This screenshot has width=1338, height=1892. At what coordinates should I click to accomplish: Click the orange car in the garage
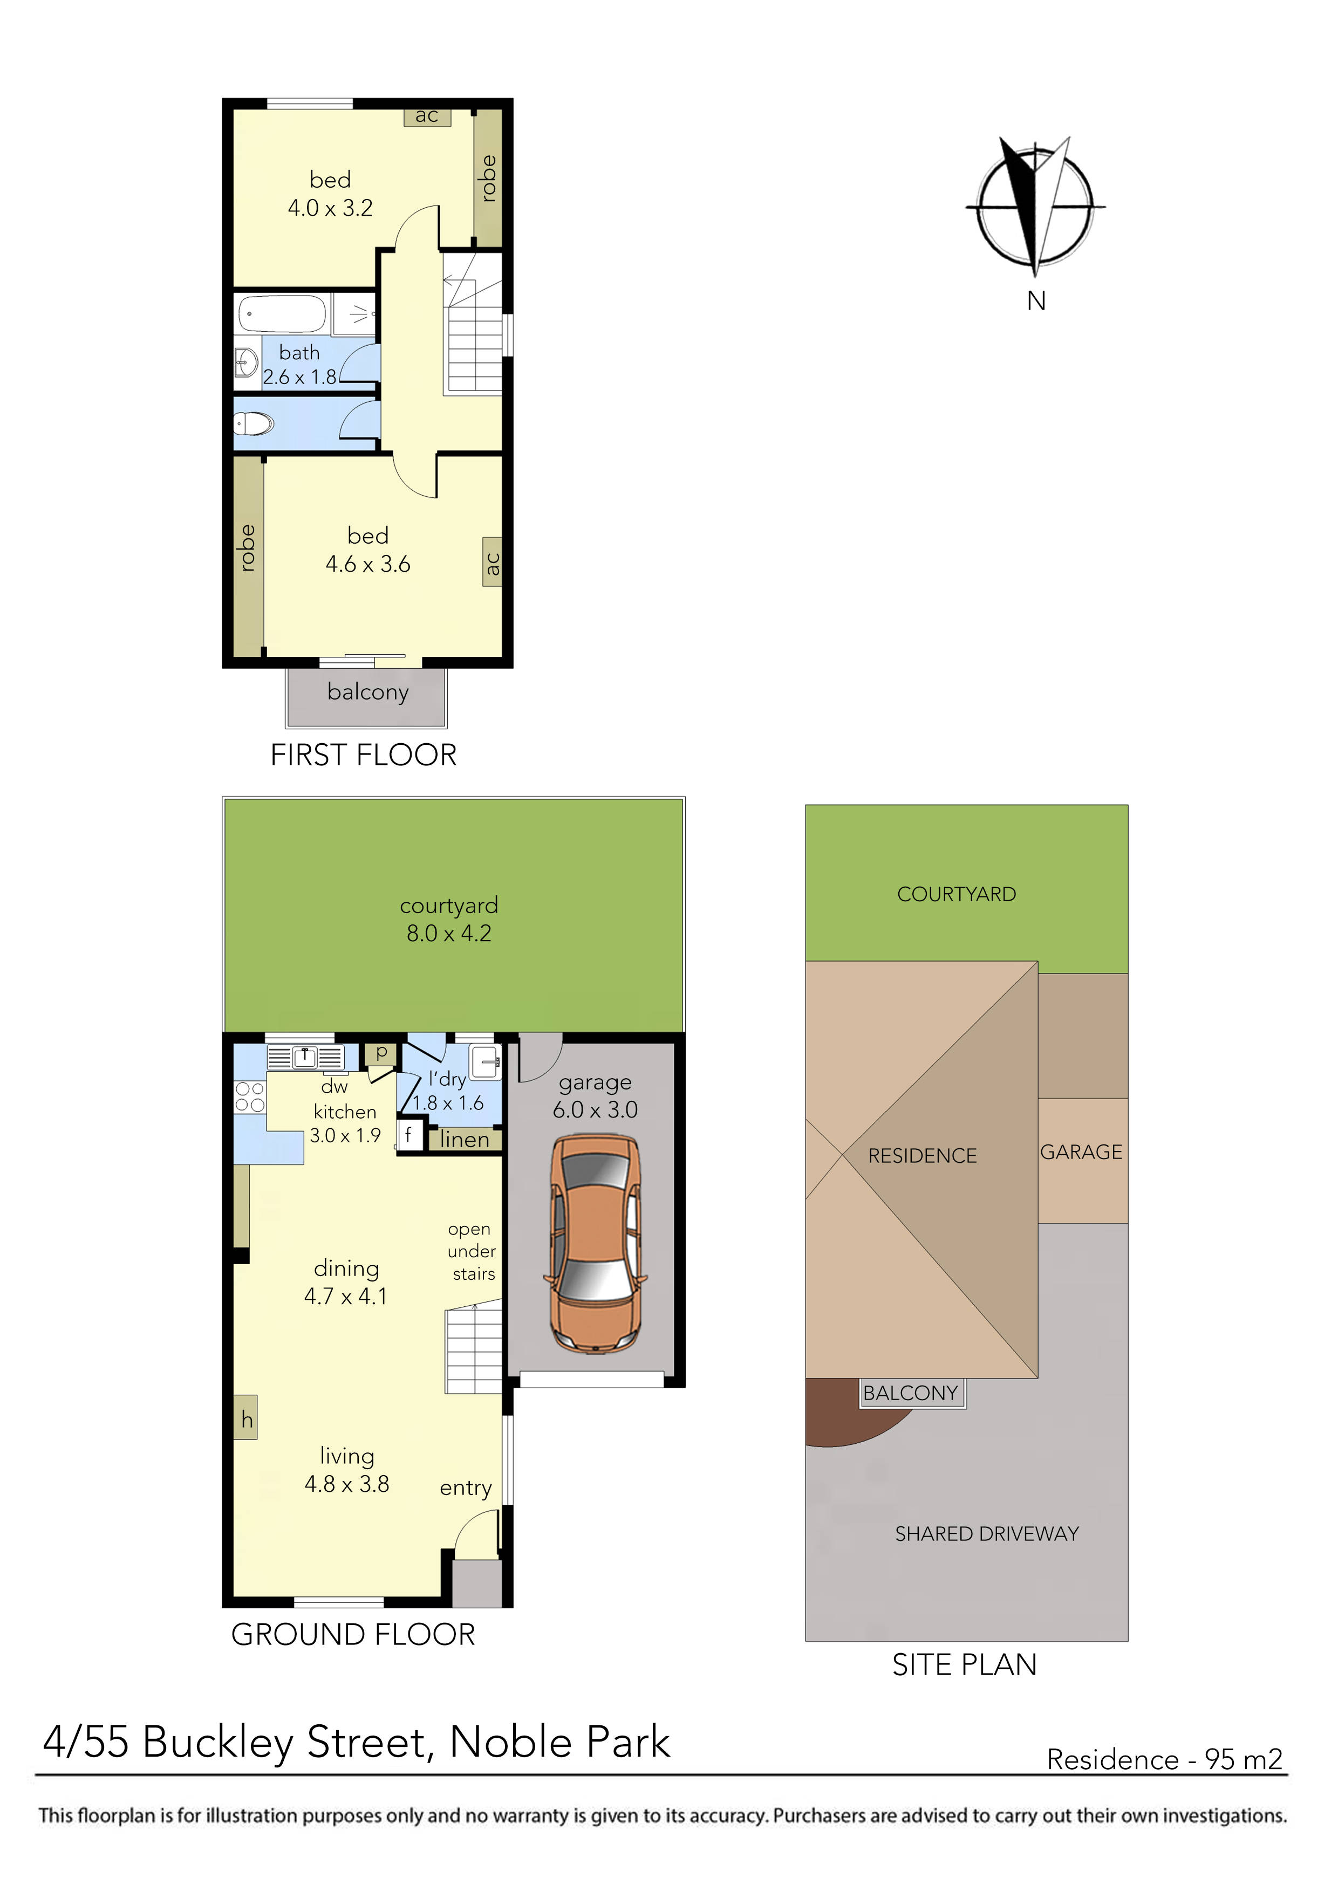[595, 1244]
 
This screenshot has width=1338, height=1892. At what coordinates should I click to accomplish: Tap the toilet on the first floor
[254, 424]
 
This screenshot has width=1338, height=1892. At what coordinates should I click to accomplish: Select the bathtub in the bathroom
[282, 314]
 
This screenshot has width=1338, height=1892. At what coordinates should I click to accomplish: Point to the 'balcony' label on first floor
[368, 691]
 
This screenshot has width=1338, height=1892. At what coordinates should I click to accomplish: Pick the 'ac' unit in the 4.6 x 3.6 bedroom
[492, 563]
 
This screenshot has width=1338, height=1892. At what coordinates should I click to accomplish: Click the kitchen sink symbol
[305, 1057]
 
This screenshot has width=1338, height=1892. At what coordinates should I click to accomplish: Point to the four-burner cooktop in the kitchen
[250, 1097]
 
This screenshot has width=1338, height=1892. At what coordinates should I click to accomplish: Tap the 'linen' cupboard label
[465, 1139]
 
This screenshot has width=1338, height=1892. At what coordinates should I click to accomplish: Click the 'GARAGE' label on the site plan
[1081, 1152]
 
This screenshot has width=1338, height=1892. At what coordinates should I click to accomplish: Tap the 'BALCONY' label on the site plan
[911, 1394]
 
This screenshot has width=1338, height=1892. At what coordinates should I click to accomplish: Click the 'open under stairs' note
[472, 1251]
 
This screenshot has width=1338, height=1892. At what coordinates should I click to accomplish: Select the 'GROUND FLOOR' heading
[353, 1635]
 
